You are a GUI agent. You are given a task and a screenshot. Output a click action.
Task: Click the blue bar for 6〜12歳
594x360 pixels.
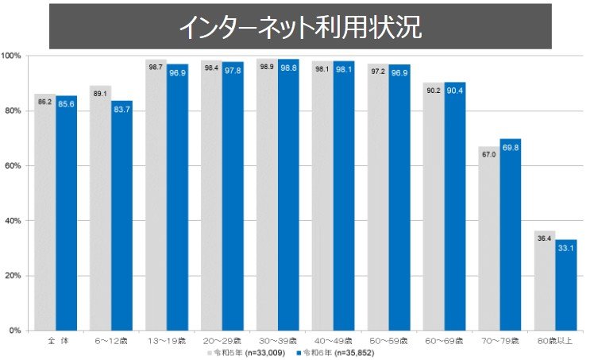coord(121,215)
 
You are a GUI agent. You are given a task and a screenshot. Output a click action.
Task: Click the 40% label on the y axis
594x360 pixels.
coord(13,220)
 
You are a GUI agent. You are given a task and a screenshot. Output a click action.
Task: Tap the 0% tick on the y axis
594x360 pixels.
coord(15,330)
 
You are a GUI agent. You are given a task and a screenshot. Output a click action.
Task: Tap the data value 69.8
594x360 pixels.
coord(510,147)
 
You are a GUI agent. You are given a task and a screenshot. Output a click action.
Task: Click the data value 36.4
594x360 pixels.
coord(543,238)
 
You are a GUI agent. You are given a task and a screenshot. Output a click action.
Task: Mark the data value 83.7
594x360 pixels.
coord(121,109)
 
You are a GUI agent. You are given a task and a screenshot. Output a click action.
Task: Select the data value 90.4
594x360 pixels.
coord(455,91)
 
